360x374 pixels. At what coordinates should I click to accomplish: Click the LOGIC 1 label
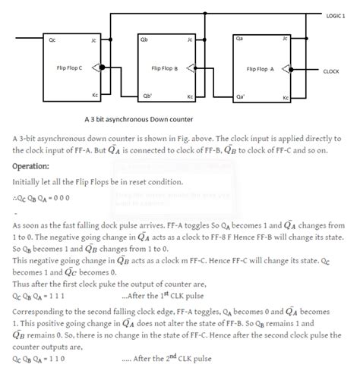pyautogui.click(x=336, y=14)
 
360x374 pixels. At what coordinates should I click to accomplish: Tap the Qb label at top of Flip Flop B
pyautogui.click(x=144, y=38)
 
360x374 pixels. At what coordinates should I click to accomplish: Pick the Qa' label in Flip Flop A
pyautogui.click(x=240, y=97)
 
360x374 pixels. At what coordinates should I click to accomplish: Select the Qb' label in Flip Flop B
pyautogui.click(x=147, y=97)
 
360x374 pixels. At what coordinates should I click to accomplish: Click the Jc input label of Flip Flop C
pyautogui.click(x=93, y=38)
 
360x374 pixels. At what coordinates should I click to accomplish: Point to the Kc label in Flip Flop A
pyautogui.click(x=286, y=98)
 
